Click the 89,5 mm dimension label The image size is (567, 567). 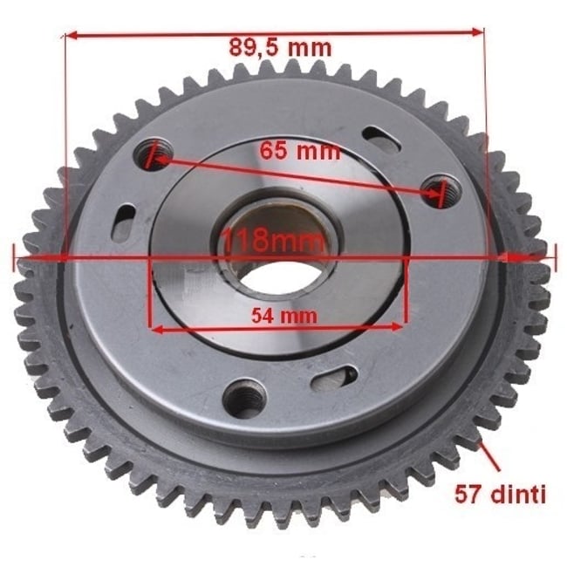coord(280,48)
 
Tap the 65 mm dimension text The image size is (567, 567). coord(300,150)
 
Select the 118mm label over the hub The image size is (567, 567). coord(272,240)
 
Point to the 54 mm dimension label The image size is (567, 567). coord(284,315)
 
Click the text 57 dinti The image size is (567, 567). coord(500,495)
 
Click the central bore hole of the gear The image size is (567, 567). coord(279,278)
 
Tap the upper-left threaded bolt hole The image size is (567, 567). coord(154,154)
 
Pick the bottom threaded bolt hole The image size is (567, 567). coord(244,398)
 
